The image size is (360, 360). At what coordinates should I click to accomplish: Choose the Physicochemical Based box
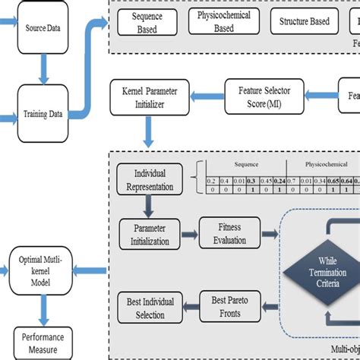point(224,23)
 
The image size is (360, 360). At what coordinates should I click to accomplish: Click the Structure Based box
point(303,23)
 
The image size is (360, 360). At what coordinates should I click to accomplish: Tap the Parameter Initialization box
point(150,233)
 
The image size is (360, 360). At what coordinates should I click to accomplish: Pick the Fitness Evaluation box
point(229,233)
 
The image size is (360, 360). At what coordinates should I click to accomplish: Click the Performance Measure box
point(44,343)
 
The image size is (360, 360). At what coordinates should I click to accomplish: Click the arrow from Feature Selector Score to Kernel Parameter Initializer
point(204,96)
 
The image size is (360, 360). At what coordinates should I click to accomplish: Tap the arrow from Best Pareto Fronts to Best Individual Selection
point(191,305)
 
